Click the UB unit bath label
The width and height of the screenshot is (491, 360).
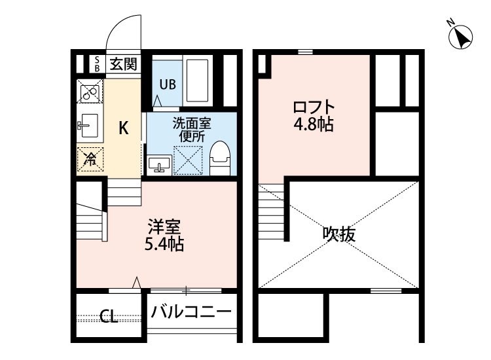coord(166,84)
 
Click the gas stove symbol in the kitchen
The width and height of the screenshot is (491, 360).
coord(90,93)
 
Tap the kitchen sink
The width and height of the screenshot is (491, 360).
coord(88,124)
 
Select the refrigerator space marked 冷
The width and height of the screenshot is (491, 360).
coord(90,158)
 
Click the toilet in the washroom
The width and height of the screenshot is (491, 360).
coord(221,157)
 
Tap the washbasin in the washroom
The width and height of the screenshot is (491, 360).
coord(159,164)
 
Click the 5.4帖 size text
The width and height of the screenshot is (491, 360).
coord(164,245)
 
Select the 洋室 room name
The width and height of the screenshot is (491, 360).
coord(164,228)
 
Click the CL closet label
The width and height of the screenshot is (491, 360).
coord(109,318)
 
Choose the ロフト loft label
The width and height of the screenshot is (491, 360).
coord(314,107)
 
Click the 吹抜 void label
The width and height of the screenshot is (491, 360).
coord(339,234)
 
